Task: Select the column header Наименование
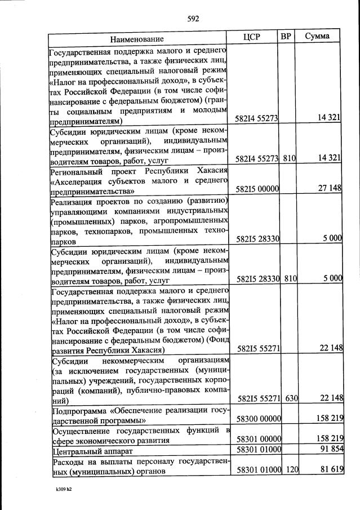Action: (137, 39)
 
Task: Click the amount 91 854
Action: (330, 450)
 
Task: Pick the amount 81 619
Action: (330, 470)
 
